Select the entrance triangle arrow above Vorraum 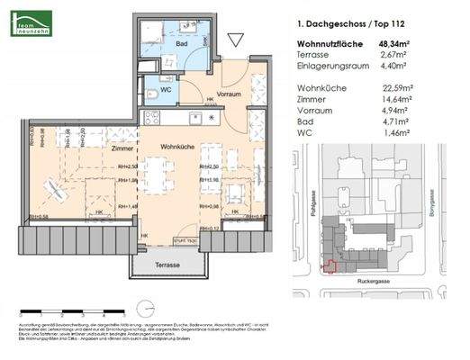(237, 40)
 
